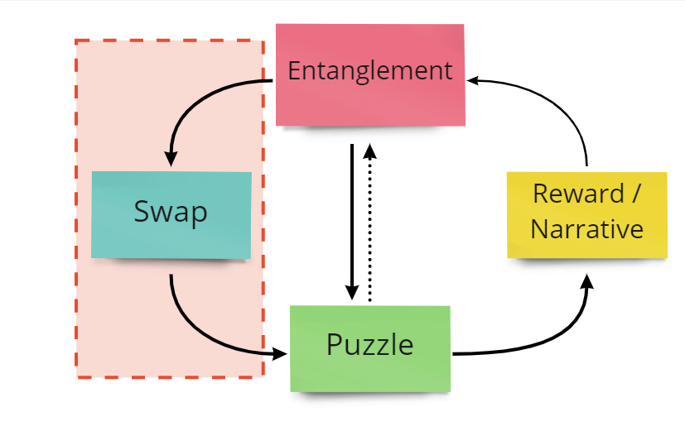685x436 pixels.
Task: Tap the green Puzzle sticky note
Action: point(369,368)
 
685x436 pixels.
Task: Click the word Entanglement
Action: point(369,70)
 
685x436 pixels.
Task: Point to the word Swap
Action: point(171,213)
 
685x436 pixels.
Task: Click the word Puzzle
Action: point(369,343)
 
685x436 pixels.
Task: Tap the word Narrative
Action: point(586,228)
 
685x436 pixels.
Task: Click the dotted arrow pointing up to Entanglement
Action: point(370,232)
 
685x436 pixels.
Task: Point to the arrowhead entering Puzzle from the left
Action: point(279,354)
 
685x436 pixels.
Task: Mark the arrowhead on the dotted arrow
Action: point(370,151)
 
